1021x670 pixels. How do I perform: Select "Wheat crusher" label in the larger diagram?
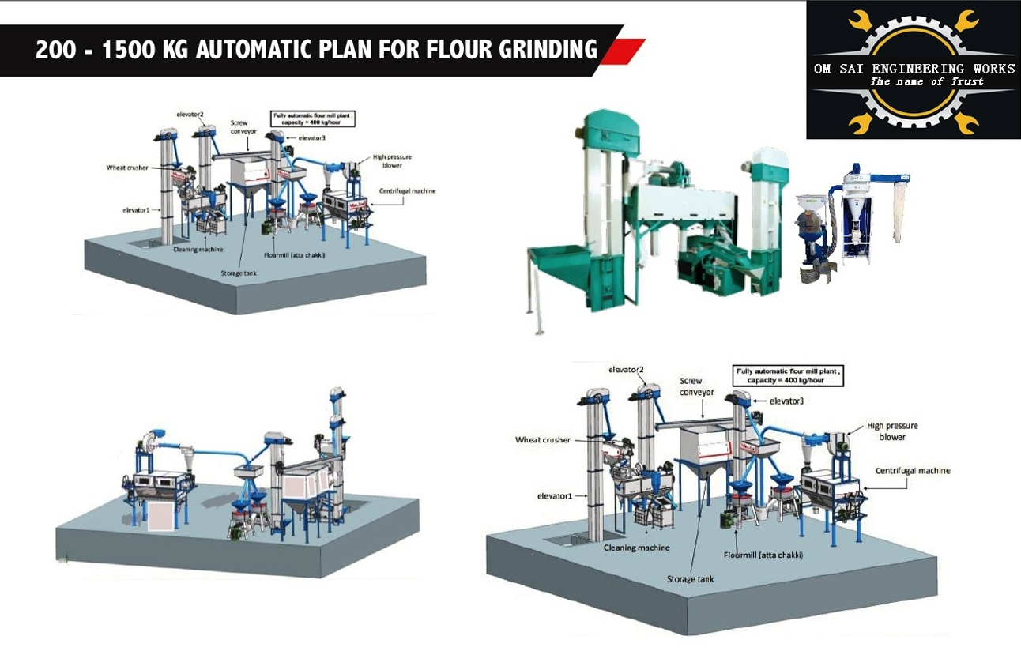point(542,439)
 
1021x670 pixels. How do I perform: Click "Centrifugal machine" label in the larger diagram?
point(912,470)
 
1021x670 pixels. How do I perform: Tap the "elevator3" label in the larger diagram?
point(786,401)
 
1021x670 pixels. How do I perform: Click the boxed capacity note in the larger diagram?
point(788,375)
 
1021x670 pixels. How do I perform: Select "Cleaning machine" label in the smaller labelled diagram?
point(198,249)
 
